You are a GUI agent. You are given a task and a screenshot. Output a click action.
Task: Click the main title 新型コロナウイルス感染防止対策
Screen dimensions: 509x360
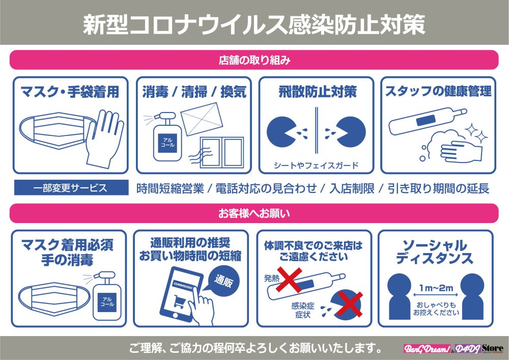[254, 24]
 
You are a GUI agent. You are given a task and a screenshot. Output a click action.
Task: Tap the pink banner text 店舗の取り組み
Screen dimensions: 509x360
[254, 60]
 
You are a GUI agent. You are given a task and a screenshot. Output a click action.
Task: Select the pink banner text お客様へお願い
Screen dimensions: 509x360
[254, 213]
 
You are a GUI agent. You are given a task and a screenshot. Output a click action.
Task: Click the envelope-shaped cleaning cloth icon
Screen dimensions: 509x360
[202, 119]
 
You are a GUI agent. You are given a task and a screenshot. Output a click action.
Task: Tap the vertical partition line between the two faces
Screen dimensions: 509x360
[317, 130]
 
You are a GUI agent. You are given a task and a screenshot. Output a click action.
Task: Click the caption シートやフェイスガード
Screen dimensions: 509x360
[316, 165]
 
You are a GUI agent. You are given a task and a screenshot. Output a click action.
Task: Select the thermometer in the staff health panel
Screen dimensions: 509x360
[428, 121]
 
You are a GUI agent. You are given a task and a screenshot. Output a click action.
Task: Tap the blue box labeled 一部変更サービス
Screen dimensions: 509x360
[71, 187]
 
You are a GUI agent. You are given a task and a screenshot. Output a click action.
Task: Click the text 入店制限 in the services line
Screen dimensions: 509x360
[352, 188]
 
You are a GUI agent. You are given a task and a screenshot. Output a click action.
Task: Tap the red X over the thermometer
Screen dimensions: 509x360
[289, 280]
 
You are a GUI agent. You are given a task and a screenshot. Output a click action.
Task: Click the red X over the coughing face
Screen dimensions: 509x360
[349, 304]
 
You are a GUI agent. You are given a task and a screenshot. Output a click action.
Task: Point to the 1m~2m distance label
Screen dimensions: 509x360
[436, 288]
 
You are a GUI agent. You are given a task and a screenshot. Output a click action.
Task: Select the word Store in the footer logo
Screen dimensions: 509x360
[493, 348]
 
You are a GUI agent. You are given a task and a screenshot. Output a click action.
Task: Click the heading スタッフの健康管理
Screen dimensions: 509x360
[438, 91]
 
